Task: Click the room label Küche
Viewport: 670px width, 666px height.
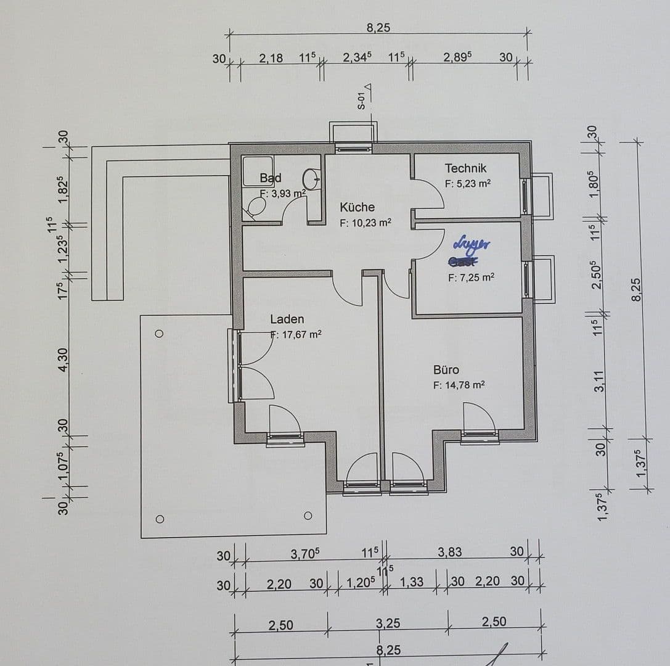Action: click(357, 207)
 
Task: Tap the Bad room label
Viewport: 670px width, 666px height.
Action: click(270, 178)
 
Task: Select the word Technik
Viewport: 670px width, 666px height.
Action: click(465, 168)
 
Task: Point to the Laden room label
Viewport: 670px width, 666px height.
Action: click(287, 319)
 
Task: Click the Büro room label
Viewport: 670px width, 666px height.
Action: click(446, 370)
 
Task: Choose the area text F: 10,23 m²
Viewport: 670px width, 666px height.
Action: click(366, 223)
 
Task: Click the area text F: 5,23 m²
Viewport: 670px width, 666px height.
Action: click(467, 184)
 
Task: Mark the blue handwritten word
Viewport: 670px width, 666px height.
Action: click(472, 244)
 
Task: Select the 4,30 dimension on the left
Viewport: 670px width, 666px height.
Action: click(63, 359)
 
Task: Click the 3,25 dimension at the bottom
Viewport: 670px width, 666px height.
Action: click(388, 623)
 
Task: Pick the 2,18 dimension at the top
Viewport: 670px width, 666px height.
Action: click(271, 59)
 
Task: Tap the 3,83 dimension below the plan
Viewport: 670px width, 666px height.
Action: click(449, 552)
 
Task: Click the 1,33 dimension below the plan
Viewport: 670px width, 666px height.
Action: click(411, 582)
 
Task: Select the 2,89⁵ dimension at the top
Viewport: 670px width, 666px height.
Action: click(457, 57)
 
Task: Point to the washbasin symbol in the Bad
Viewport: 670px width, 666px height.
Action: click(312, 179)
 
